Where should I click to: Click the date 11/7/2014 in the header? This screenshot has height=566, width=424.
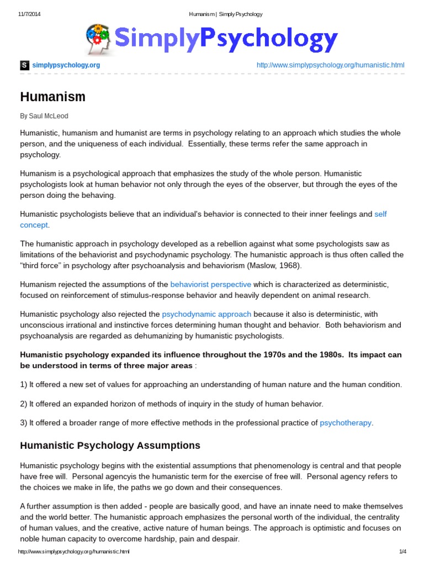click(26, 14)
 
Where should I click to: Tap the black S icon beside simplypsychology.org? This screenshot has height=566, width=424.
click(24, 65)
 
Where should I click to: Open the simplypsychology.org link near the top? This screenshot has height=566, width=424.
click(66, 65)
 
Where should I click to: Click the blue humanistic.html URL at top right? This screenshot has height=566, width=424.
click(330, 65)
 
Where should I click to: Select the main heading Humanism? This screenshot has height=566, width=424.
click(53, 97)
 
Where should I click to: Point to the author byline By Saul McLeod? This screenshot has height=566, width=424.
click(44, 116)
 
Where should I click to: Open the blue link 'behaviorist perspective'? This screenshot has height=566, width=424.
click(210, 284)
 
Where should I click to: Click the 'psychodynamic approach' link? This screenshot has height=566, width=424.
click(206, 314)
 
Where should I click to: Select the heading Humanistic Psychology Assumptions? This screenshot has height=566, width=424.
click(110, 446)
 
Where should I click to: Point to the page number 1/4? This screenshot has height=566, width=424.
click(402, 552)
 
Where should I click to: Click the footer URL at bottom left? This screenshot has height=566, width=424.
click(73, 552)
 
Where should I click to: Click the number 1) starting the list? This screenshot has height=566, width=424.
click(24, 384)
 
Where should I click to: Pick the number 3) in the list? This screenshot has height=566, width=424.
click(24, 423)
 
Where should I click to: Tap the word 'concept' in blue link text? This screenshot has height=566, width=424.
click(34, 225)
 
